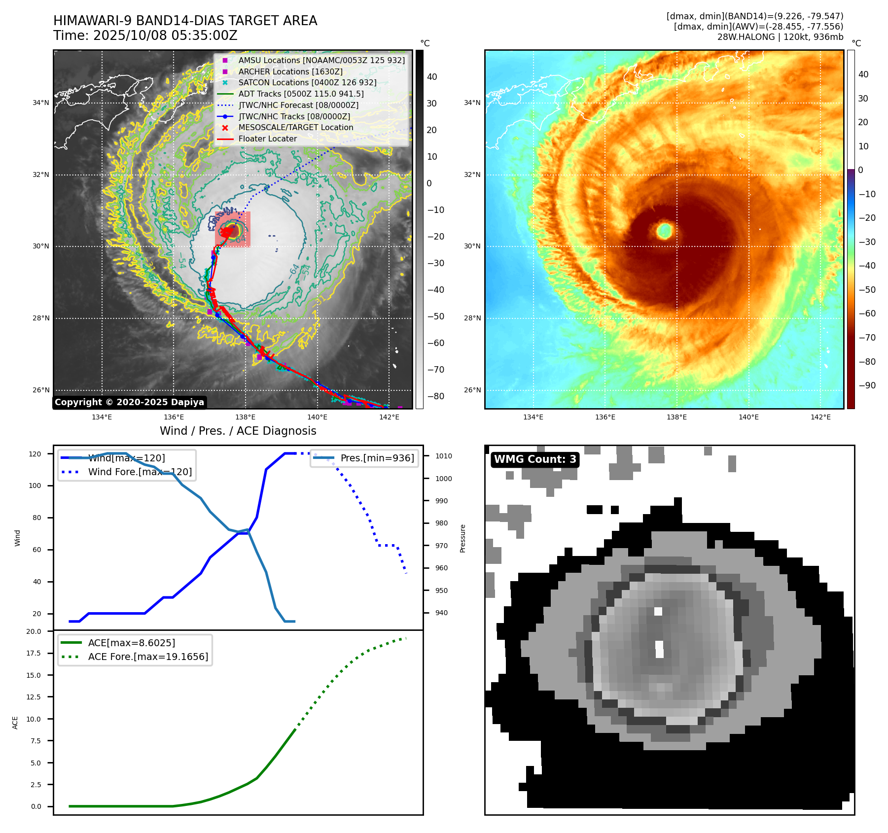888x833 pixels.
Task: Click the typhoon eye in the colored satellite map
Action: [664, 230]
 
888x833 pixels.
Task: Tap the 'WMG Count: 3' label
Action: [535, 459]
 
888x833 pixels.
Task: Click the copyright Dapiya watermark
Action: [129, 402]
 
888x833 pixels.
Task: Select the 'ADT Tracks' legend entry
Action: [301, 94]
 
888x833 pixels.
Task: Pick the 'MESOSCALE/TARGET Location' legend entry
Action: [296, 127]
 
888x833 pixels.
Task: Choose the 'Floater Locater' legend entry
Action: [267, 139]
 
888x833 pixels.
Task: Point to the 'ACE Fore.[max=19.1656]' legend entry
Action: [148, 657]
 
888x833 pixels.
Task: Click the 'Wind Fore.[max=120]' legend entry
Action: [140, 472]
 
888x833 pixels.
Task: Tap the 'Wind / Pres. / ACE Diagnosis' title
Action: [238, 431]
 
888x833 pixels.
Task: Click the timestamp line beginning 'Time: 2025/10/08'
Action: [145, 35]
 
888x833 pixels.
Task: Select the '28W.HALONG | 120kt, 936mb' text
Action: [780, 37]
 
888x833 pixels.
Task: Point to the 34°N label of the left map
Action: [41, 103]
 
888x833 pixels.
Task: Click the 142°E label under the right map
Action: [820, 417]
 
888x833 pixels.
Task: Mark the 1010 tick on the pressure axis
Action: [443, 456]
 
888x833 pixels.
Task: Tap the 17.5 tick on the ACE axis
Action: [34, 653]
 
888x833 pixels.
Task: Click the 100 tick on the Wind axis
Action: [35, 486]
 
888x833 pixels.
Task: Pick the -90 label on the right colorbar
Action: [867, 385]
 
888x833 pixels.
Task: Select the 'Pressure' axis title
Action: [462, 538]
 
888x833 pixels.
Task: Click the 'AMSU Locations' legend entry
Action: [321, 60]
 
